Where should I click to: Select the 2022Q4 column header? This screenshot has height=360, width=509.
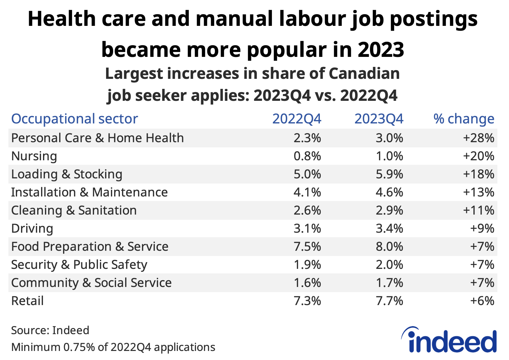(x=297, y=119)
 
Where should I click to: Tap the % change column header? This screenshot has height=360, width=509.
(x=464, y=119)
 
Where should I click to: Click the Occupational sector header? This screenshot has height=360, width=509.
(x=75, y=119)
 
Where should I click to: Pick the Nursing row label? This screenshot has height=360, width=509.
(x=34, y=156)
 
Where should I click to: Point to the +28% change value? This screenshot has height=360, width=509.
(x=479, y=138)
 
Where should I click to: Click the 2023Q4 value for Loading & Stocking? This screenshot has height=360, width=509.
(x=389, y=174)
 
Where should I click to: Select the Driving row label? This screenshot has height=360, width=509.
(x=32, y=228)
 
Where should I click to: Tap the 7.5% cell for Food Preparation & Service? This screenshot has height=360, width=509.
(x=307, y=247)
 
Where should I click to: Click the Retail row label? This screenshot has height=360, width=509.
(x=27, y=301)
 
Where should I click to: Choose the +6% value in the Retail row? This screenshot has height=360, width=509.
(x=482, y=301)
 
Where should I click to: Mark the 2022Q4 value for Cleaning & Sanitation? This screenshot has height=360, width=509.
(x=307, y=210)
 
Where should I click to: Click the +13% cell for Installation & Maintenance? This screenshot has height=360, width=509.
(x=479, y=192)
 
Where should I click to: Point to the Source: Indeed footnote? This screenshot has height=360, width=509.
(x=50, y=330)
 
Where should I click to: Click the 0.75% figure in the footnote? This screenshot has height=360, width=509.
(x=79, y=347)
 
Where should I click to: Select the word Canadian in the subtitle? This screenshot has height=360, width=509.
(x=364, y=74)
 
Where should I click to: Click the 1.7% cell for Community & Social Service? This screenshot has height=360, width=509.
(x=389, y=283)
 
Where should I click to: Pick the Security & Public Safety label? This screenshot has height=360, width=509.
(x=79, y=265)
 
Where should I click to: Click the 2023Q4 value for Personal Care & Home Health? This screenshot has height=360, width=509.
(x=389, y=138)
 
